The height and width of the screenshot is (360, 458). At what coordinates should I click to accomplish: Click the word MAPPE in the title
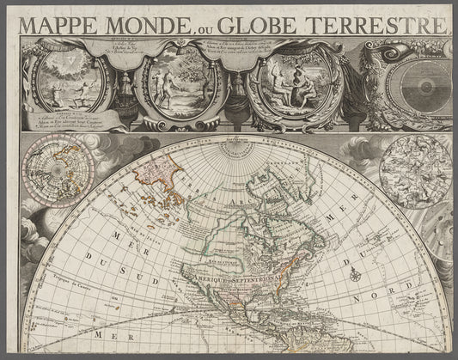tap(60, 27)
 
